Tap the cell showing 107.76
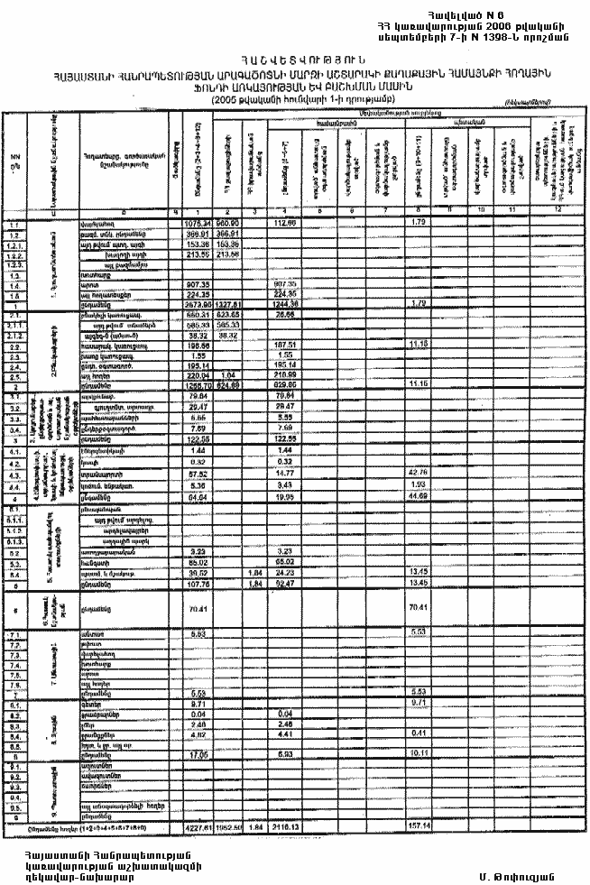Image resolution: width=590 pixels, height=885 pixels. click(x=197, y=581)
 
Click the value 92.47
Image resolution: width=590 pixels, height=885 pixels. click(x=285, y=581)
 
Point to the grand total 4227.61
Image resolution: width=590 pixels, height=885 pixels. click(x=197, y=825)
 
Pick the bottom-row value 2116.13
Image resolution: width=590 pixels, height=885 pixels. click(x=285, y=825)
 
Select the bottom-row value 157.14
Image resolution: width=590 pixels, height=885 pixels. click(x=418, y=825)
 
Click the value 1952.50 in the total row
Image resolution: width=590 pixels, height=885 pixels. click(x=228, y=825)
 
